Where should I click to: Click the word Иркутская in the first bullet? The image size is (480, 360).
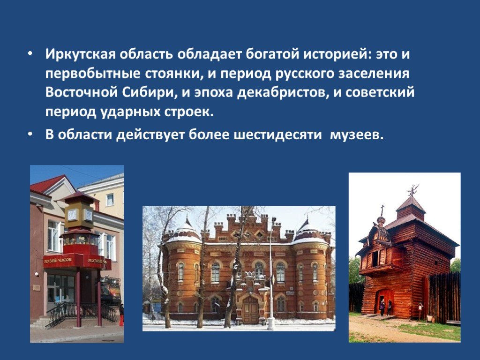[x=80, y=54]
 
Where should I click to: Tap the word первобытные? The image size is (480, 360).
[x=93, y=74]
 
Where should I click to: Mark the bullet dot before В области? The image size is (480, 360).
[x=30, y=135]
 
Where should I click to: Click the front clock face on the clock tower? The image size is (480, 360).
[x=72, y=215]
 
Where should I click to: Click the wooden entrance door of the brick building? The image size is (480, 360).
[x=250, y=309]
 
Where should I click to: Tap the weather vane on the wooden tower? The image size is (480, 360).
[x=412, y=190]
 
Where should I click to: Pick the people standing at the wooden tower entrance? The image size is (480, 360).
[x=386, y=307]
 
